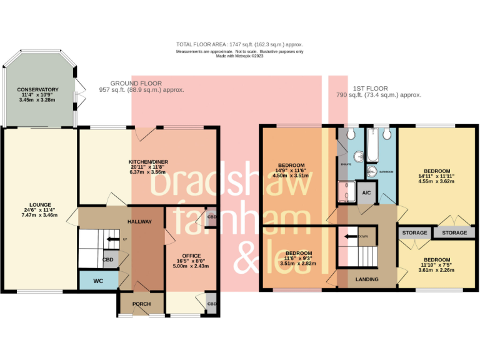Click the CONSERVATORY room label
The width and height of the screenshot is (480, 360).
(39, 89)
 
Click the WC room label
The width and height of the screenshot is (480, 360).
(98, 281)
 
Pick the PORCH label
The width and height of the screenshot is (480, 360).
(140, 304)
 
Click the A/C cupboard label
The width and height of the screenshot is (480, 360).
(367, 194)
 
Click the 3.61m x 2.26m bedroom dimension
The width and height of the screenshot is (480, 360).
(436, 271)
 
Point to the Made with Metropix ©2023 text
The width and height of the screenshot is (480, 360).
(240, 56)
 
